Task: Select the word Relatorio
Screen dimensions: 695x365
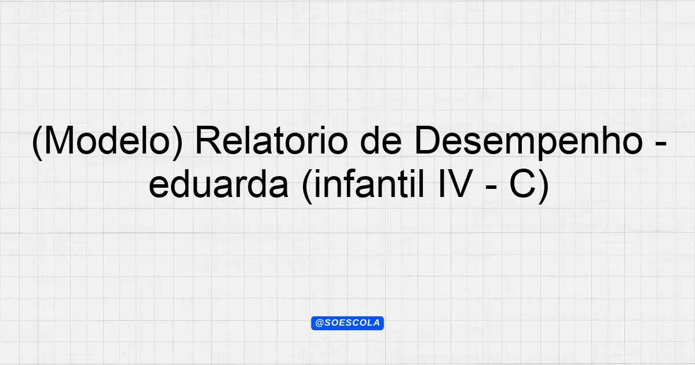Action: (x=272, y=141)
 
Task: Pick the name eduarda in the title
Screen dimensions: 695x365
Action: (x=219, y=185)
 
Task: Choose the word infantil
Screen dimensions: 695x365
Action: (x=368, y=184)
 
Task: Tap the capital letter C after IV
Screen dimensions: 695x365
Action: (x=523, y=184)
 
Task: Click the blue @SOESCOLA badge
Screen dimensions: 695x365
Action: (x=348, y=323)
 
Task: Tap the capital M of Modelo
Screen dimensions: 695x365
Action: (x=58, y=141)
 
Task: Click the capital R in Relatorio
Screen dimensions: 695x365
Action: (x=209, y=141)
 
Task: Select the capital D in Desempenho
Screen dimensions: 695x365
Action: (x=428, y=141)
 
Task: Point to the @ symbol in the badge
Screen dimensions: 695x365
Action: (x=319, y=323)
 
